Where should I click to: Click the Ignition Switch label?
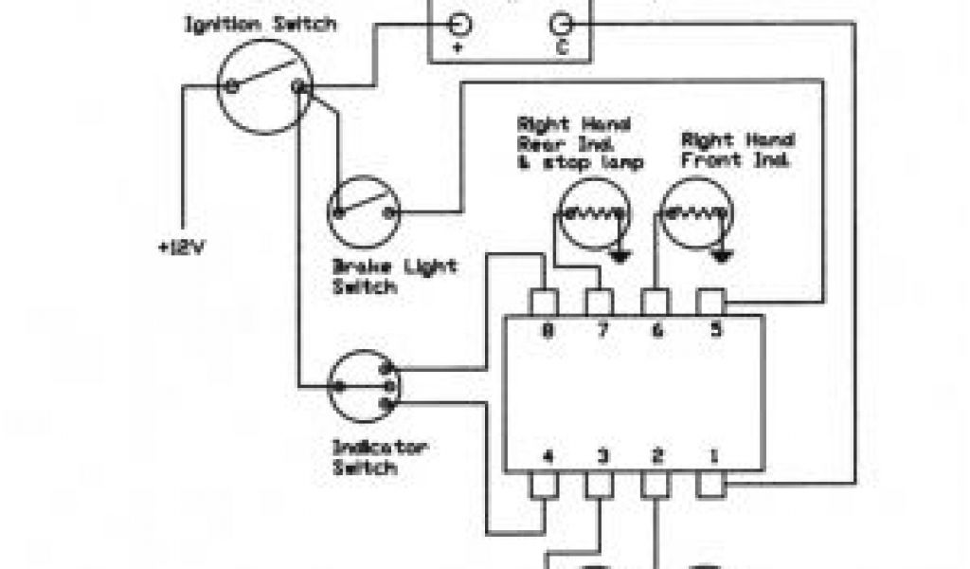pyautogui.click(x=259, y=24)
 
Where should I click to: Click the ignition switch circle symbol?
pyautogui.click(x=264, y=86)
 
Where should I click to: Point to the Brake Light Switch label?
pyautogui.click(x=394, y=275)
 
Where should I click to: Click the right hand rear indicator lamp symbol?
pyautogui.click(x=593, y=215)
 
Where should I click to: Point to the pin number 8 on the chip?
pyautogui.click(x=547, y=331)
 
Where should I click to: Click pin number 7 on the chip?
pyautogui.click(x=601, y=331)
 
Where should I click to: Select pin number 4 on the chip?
pyautogui.click(x=547, y=456)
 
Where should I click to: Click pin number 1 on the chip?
pyautogui.click(x=712, y=456)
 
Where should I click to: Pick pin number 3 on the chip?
pyautogui.click(x=602, y=456)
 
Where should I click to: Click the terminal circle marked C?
pyautogui.click(x=563, y=24)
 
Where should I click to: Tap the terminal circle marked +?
pyautogui.click(x=458, y=24)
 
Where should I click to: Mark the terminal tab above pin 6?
pyautogui.click(x=656, y=303)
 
